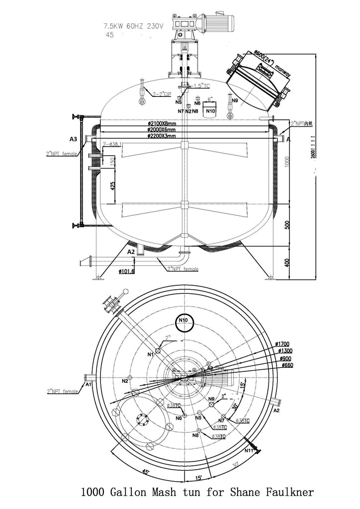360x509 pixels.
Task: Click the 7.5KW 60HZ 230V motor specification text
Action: (x=133, y=26)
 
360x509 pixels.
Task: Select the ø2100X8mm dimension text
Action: (x=162, y=123)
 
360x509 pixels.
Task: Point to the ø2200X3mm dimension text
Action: (x=162, y=135)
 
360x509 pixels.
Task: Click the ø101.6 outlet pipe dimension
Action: (x=126, y=271)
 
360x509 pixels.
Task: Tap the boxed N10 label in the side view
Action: (x=210, y=111)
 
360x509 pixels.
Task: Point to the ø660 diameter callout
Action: (x=287, y=365)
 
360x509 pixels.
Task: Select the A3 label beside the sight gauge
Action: (x=73, y=139)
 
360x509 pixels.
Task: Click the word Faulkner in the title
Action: (x=290, y=493)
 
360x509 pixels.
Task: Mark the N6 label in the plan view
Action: (x=179, y=418)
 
